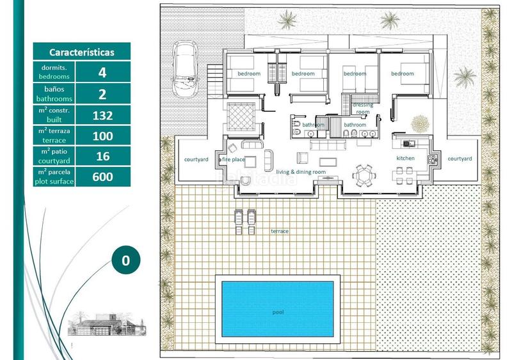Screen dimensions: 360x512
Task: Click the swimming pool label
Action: point(277,313)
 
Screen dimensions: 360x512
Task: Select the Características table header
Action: point(82,52)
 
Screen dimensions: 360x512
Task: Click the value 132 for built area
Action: point(102,115)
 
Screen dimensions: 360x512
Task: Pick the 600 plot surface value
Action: point(102,176)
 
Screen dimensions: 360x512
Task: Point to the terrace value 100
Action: point(102,136)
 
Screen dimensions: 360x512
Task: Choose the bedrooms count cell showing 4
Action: point(102,72)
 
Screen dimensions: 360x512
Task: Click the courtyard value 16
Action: point(102,156)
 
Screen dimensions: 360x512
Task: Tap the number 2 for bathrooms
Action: point(102,93)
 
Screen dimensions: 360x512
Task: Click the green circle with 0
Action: point(125,260)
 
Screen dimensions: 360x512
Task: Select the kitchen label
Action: point(405,158)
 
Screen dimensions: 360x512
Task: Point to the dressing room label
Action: point(363,108)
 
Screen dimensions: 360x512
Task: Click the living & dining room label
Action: point(301,172)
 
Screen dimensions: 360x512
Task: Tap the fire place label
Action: point(234,159)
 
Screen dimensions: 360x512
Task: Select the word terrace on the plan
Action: point(280,230)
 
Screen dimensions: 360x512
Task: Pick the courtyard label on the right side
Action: point(460,159)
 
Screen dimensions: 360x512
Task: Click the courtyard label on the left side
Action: point(196,159)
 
